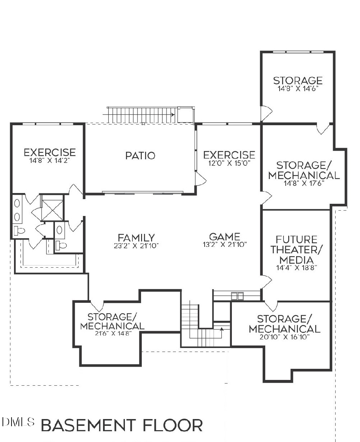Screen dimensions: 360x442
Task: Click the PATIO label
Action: [140, 156]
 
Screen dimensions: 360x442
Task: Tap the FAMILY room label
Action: [136, 238]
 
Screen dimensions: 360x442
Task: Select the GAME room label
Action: [225, 236]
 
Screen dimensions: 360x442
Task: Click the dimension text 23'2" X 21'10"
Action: [136, 246]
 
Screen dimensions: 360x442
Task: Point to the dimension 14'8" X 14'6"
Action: [298, 89]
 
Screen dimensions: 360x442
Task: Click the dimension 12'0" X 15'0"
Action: [229, 163]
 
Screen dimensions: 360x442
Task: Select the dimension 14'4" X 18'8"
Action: [297, 268]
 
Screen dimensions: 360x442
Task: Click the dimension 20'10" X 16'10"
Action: [284, 337]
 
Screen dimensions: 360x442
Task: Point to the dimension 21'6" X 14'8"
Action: [112, 333]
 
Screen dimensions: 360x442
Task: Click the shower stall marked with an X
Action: [52, 208]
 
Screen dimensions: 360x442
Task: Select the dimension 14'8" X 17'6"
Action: [304, 183]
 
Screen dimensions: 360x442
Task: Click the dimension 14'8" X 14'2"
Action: [50, 160]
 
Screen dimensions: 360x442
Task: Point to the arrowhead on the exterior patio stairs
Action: [173, 114]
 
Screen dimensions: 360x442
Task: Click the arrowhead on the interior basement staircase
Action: [222, 329]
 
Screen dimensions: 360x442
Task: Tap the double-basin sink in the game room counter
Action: [238, 296]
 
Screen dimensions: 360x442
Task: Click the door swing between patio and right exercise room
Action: [201, 178]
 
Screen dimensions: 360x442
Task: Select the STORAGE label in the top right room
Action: [298, 81]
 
